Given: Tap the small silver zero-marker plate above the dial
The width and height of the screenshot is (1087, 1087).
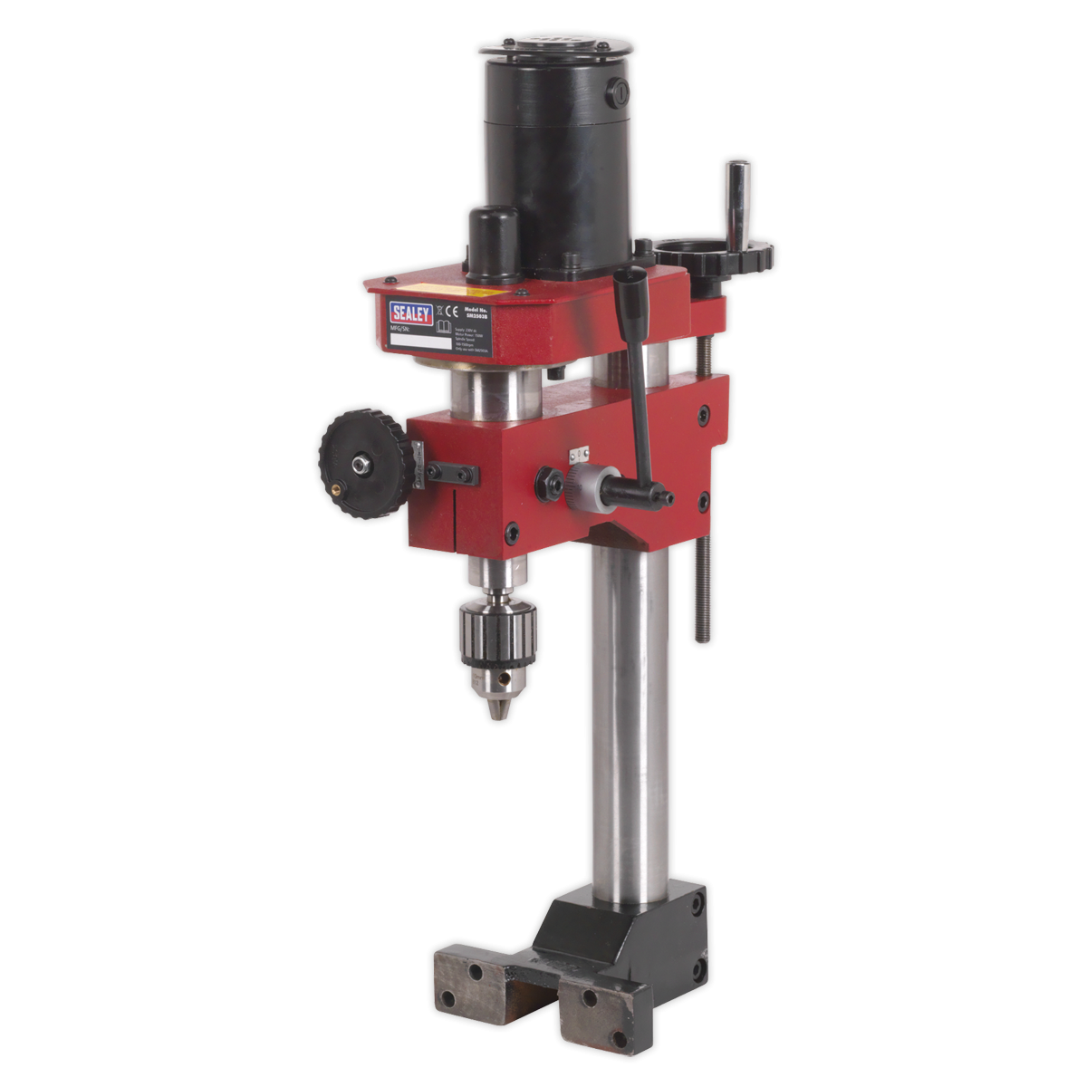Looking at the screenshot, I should click(578, 454).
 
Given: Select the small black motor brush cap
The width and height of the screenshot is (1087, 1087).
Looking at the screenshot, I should click(493, 238).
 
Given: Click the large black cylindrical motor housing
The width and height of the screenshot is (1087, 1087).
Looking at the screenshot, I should click(556, 154).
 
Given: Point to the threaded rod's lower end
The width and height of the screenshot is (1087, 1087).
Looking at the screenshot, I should click(702, 634).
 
